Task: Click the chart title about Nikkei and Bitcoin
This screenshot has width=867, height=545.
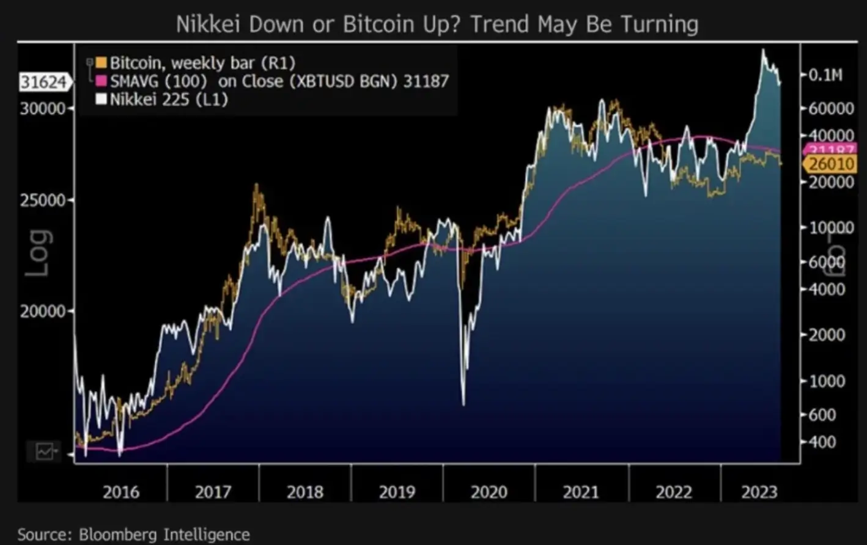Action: [x=437, y=24]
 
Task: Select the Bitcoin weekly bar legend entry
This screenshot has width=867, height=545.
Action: [x=202, y=62]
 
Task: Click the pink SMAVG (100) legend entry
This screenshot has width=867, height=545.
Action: [x=279, y=81]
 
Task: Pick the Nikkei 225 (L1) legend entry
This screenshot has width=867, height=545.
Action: [x=168, y=99]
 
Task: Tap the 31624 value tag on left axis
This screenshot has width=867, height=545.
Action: [x=43, y=82]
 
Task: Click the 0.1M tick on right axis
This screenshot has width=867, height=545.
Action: [x=825, y=75]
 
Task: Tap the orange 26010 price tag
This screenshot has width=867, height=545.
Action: [x=830, y=164]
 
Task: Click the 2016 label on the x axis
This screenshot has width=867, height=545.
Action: [x=121, y=492]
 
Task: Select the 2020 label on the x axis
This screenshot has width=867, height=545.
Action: [x=489, y=492]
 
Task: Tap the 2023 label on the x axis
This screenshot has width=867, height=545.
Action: [x=759, y=492]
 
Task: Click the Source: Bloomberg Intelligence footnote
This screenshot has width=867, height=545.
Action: [x=133, y=535]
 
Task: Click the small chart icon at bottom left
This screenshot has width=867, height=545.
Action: [x=45, y=452]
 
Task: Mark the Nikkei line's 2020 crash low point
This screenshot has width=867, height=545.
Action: [x=463, y=404]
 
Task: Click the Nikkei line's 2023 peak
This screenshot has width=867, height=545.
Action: [x=763, y=51]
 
